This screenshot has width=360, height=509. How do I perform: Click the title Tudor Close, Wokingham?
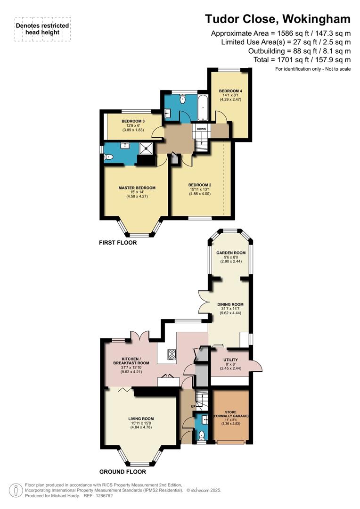[x=278, y=19]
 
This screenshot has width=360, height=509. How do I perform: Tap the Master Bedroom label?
[x=137, y=188]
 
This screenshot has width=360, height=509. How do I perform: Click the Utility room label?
[x=230, y=360]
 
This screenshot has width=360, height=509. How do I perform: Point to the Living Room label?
[x=141, y=418]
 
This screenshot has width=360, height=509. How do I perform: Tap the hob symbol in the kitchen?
[x=172, y=354]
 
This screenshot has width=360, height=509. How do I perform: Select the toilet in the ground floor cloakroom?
[x=201, y=435]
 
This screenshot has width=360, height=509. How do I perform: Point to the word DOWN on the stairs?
[x=201, y=129]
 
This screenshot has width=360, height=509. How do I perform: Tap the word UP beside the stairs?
[x=193, y=406]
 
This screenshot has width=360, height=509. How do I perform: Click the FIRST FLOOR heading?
[x=118, y=243]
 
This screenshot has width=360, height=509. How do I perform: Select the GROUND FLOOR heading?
[x=123, y=471]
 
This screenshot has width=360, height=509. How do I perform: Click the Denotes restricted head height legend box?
[x=42, y=29]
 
